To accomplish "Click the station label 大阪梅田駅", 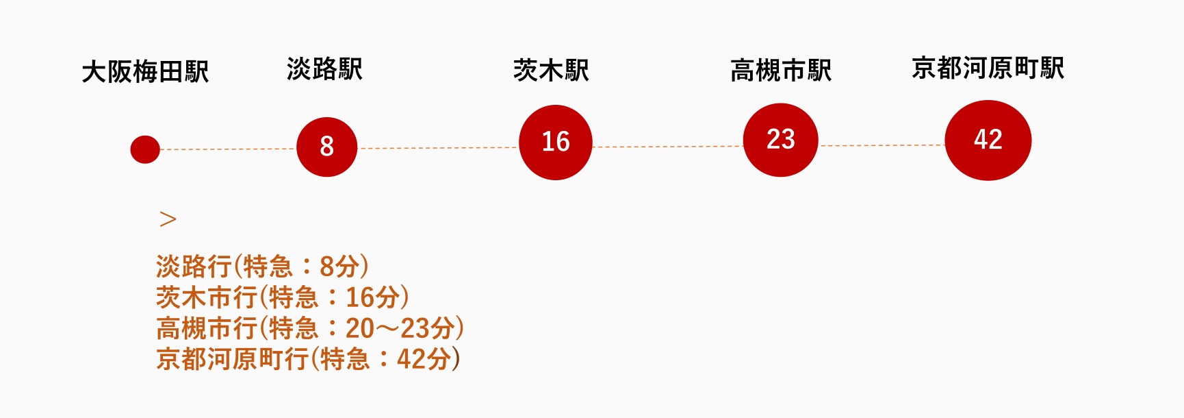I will pos(145,72).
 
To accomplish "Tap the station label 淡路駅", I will pos(324,69).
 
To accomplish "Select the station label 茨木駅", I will pos(551,70).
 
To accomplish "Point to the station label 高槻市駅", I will pos(780,70).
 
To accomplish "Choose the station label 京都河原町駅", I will pos(988,69).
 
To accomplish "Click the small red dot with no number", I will pos(145,149).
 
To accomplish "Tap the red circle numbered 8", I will pos(326,147).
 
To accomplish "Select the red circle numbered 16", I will pos(555,143).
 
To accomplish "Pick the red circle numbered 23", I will pos(780,140).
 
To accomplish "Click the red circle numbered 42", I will pos(988,140).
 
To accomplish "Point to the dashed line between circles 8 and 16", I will pos(438,148).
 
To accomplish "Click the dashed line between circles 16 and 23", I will pos(667,147).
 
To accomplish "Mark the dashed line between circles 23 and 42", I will pos(881,145).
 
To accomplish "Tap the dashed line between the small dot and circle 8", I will pos(228,149).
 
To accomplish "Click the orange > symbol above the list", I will pos(168,219).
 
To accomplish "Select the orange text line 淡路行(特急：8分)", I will pos(262,266).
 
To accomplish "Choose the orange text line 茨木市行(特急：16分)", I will pos(282,297).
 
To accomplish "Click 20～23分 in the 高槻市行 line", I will pos(400,328).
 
